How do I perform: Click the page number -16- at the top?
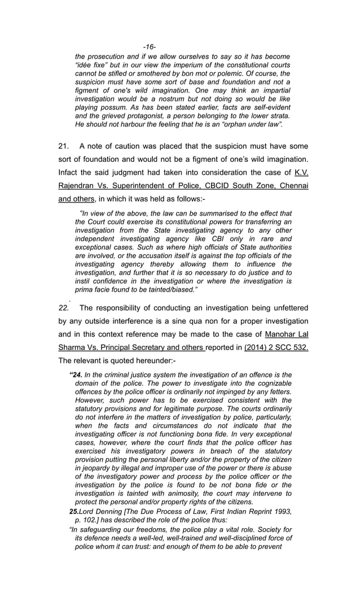149,46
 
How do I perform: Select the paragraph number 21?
64,146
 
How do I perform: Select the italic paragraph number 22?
64,308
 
